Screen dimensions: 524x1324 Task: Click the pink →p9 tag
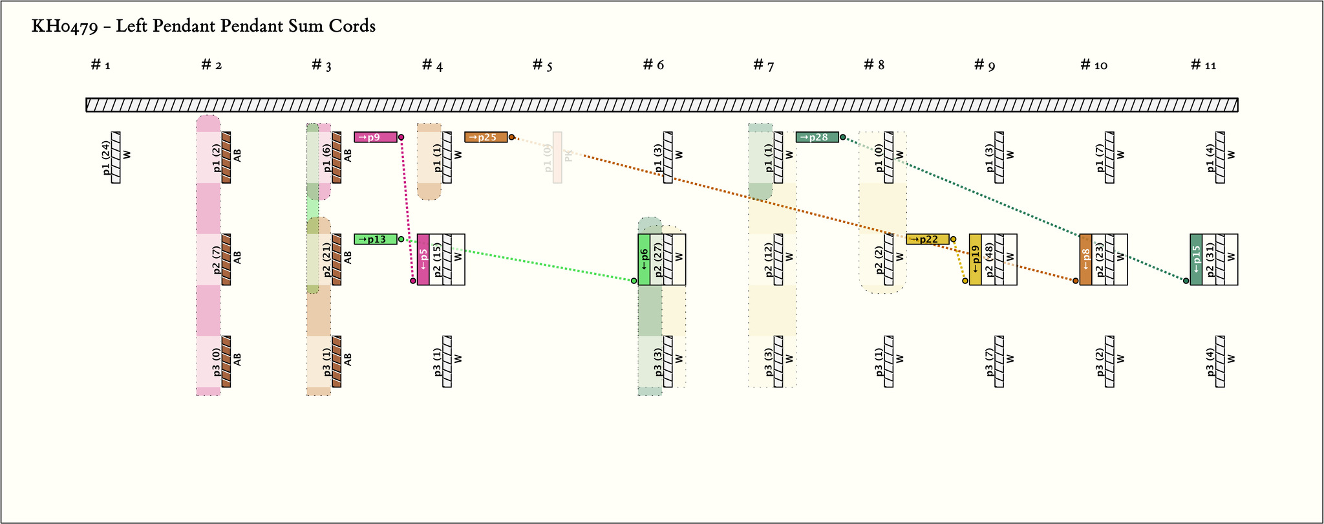click(376, 137)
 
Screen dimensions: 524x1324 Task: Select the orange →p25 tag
click(486, 137)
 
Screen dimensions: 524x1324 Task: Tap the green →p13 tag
click(376, 239)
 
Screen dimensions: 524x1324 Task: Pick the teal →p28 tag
click(817, 137)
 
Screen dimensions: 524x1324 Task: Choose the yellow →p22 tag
click(928, 239)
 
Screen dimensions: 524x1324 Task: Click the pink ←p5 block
click(423, 259)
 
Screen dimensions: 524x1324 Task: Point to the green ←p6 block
click(644, 259)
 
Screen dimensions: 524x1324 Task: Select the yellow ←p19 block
click(976, 259)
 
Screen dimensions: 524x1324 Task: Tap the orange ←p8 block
click(1086, 259)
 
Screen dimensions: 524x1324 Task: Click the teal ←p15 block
click(1196, 259)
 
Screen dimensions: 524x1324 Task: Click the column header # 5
click(542, 65)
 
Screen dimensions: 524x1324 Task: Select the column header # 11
click(1204, 65)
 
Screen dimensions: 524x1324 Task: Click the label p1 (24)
click(106, 158)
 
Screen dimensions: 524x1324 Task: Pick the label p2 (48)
click(988, 259)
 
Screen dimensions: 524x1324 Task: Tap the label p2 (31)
click(1209, 259)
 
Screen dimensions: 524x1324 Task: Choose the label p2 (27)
click(657, 259)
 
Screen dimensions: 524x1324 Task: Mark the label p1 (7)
click(1099, 158)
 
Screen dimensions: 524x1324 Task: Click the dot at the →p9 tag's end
click(401, 137)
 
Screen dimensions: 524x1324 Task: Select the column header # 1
click(101, 65)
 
